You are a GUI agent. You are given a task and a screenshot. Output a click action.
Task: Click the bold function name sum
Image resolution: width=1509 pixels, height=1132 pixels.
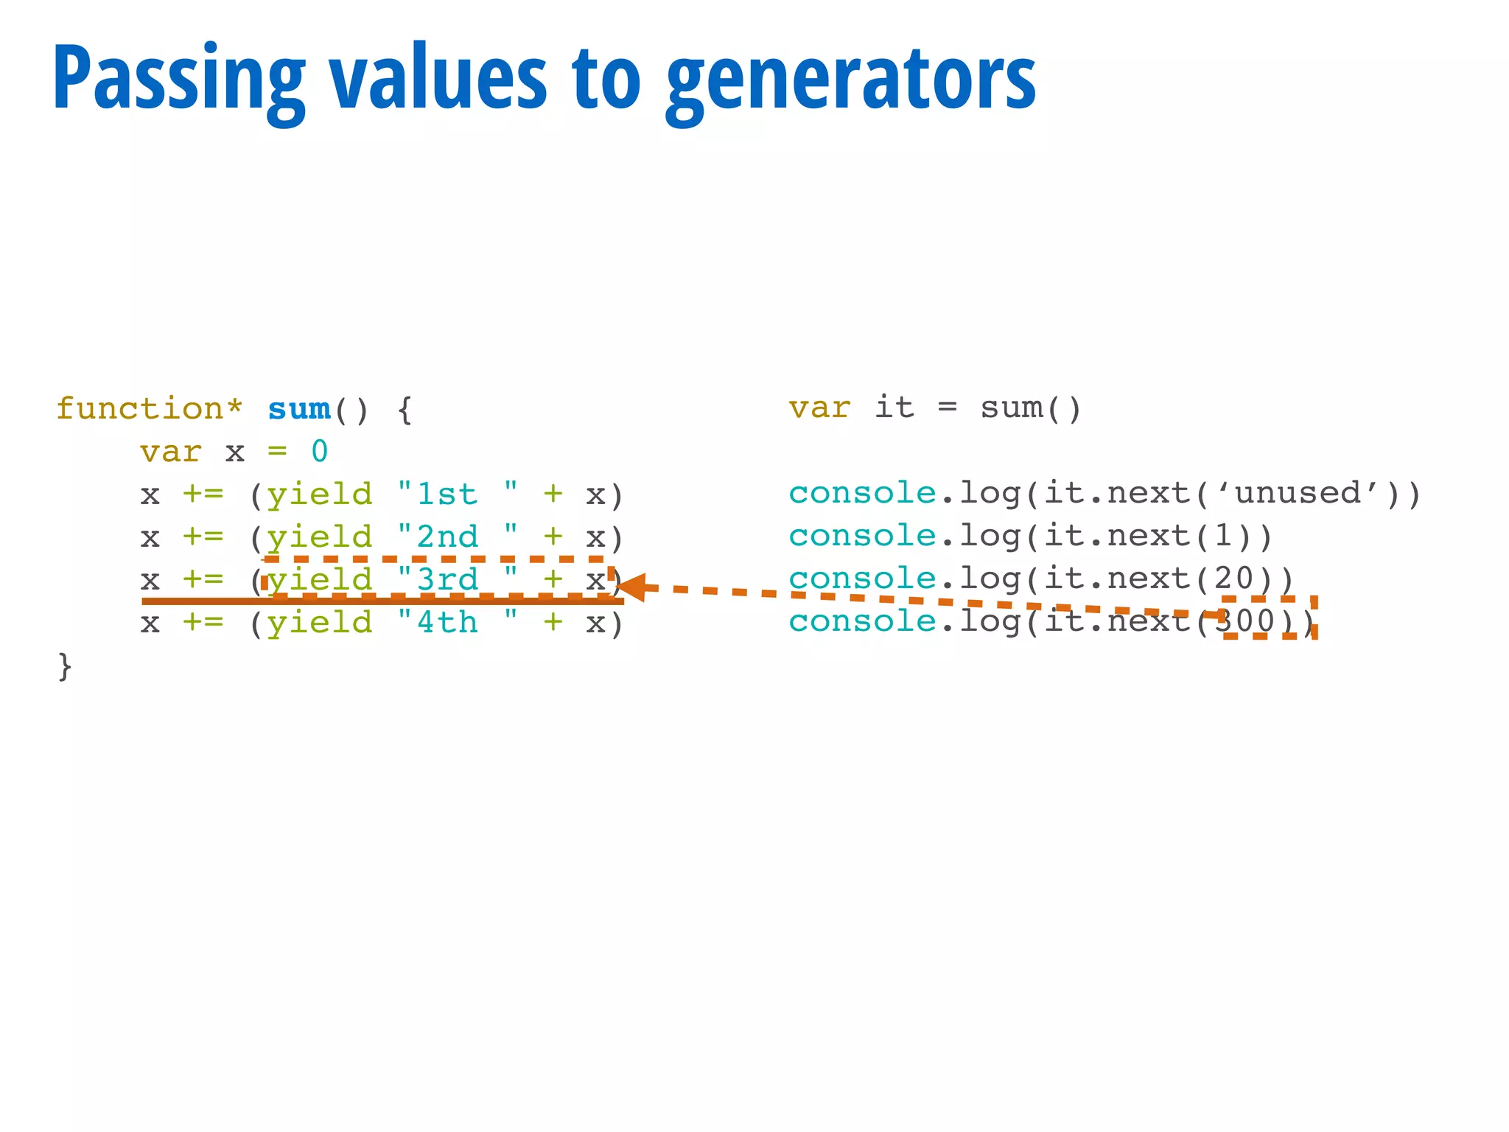[x=299, y=408]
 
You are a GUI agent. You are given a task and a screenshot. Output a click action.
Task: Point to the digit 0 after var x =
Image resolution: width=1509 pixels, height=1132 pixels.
[x=319, y=451]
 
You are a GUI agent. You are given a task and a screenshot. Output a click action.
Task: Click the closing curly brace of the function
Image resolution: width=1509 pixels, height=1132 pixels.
[x=65, y=665]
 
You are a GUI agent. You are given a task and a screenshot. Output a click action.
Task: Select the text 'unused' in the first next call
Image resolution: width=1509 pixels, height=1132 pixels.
[x=1298, y=493]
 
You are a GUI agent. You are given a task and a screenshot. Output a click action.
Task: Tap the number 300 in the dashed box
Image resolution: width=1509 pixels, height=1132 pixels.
[x=1244, y=621]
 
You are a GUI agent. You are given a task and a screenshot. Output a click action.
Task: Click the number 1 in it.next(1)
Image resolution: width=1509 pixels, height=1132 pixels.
[x=1223, y=536]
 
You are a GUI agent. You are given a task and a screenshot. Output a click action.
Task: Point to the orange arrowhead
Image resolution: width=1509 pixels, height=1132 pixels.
[x=631, y=587]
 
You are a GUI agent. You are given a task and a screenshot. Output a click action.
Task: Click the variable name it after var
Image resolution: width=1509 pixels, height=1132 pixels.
[x=894, y=408]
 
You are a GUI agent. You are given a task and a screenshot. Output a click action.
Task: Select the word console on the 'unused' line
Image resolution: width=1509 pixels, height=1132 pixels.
[x=862, y=493]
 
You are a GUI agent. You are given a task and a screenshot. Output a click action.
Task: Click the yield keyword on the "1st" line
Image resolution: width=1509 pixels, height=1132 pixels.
[x=319, y=494]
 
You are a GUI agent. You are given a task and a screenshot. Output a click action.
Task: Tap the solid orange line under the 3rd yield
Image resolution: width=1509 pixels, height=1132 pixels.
[x=383, y=601]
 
